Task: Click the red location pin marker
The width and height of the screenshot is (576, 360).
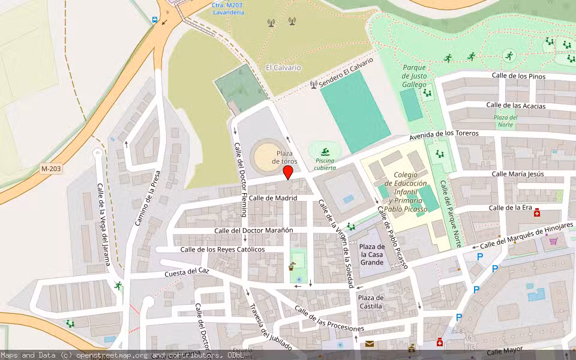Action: [x=287, y=172]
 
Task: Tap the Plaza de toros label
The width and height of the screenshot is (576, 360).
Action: [x=284, y=157]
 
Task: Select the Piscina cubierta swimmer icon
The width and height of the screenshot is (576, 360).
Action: [x=325, y=150]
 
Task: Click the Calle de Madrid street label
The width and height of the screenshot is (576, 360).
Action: [x=273, y=198]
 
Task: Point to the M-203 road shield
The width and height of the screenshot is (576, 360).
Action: [x=51, y=169]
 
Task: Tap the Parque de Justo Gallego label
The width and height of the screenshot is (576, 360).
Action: [x=414, y=76]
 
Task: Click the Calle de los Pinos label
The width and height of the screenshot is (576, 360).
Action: [x=518, y=76]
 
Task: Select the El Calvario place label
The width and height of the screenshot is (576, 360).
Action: [x=283, y=68]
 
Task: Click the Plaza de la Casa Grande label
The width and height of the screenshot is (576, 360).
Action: [x=372, y=254]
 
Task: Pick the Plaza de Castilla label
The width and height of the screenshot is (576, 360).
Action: [x=370, y=302]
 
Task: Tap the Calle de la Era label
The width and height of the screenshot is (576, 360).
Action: [x=511, y=208]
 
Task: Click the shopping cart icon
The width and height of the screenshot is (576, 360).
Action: [x=553, y=241]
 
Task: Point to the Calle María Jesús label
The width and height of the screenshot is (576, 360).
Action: [x=518, y=174]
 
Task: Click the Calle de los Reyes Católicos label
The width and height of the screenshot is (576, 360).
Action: [x=223, y=250]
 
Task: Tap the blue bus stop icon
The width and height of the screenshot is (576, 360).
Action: [x=155, y=20]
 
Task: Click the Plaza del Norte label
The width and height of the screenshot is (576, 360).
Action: [x=505, y=121]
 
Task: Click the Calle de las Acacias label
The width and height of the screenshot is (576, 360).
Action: [x=515, y=106]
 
